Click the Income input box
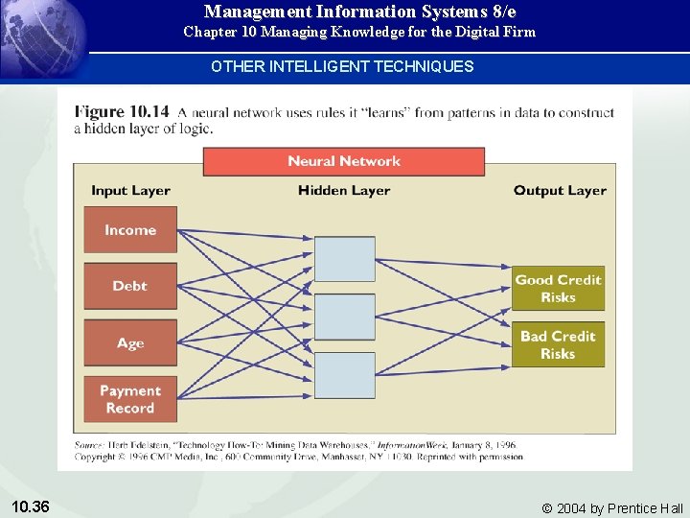click(130, 230)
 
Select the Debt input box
click(130, 286)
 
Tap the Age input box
click(130, 343)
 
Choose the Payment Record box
click(130, 399)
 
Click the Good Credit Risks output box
click(558, 288)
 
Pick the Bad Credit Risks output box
click(558, 344)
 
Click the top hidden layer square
click(345, 259)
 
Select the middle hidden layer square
click(345, 317)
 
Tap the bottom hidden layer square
click(345, 375)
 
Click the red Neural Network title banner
click(343, 161)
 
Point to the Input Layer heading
click(130, 191)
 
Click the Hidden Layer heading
click(344, 191)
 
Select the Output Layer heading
click(560, 191)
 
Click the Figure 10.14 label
click(122, 111)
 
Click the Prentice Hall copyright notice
click(612, 508)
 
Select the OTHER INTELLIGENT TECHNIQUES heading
click(342, 66)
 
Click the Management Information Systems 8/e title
click(359, 12)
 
